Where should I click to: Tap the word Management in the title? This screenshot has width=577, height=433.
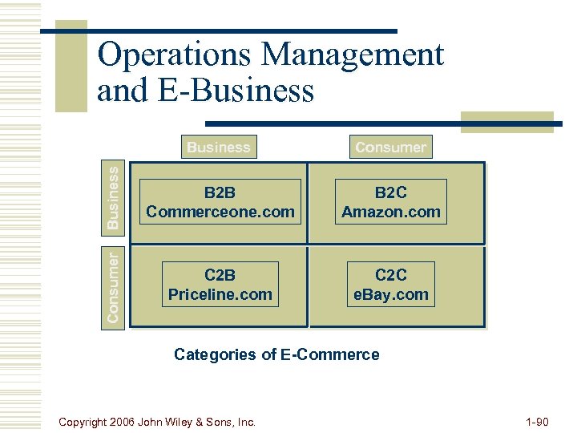352,55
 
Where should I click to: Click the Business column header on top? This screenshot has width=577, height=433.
218,147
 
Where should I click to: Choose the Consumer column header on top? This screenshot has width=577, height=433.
390,147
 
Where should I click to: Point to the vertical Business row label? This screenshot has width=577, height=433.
114,196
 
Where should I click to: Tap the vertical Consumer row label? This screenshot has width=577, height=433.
114,286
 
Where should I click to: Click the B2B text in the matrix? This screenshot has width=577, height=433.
220,192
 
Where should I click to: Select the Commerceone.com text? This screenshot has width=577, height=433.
220,212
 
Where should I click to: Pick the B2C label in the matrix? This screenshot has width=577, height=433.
391,192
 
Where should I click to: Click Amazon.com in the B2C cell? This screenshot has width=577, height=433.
391,212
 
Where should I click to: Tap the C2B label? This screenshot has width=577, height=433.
220,275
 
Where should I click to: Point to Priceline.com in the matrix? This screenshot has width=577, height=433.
220,294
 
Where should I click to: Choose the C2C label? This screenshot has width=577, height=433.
391,275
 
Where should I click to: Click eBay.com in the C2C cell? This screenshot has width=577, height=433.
391,294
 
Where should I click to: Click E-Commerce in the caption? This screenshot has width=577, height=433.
330,354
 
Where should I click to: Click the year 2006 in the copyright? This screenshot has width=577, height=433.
120,420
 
